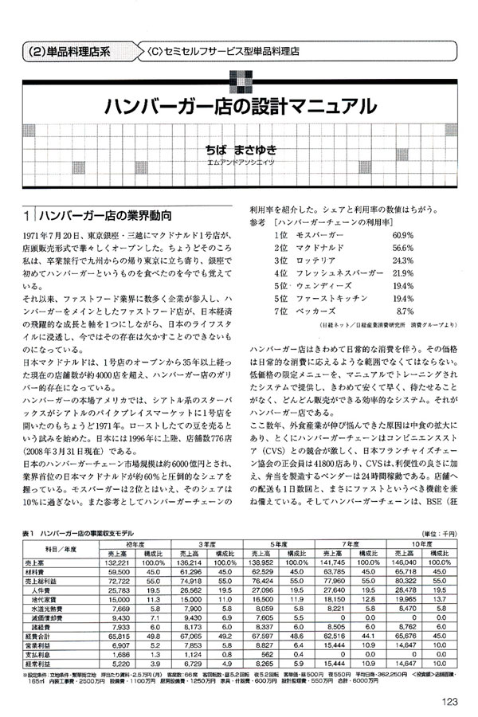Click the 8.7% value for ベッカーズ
(405, 310)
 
